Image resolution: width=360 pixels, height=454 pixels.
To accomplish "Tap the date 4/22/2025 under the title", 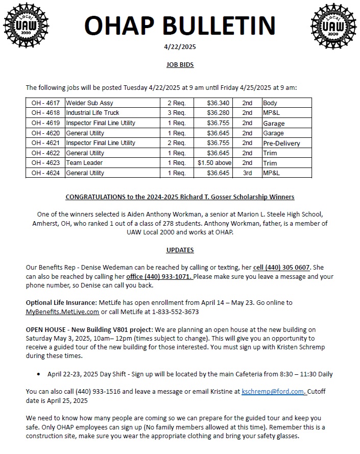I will (180, 46).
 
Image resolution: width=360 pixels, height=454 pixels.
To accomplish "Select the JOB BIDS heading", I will (180, 65).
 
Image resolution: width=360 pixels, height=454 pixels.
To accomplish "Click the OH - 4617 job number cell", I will (45, 103).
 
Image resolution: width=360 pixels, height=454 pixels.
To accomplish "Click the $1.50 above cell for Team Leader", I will (215, 163).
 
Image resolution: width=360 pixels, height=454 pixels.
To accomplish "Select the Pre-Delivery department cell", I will (281, 143).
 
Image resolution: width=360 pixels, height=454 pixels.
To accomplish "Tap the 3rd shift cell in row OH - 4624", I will (247, 173).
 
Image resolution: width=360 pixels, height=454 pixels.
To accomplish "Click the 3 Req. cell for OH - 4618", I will (177, 113).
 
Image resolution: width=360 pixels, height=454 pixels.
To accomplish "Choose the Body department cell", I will (270, 103).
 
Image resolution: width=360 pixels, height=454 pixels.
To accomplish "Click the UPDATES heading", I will (180, 250).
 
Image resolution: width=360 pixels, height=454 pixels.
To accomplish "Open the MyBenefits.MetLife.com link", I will (62, 312).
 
